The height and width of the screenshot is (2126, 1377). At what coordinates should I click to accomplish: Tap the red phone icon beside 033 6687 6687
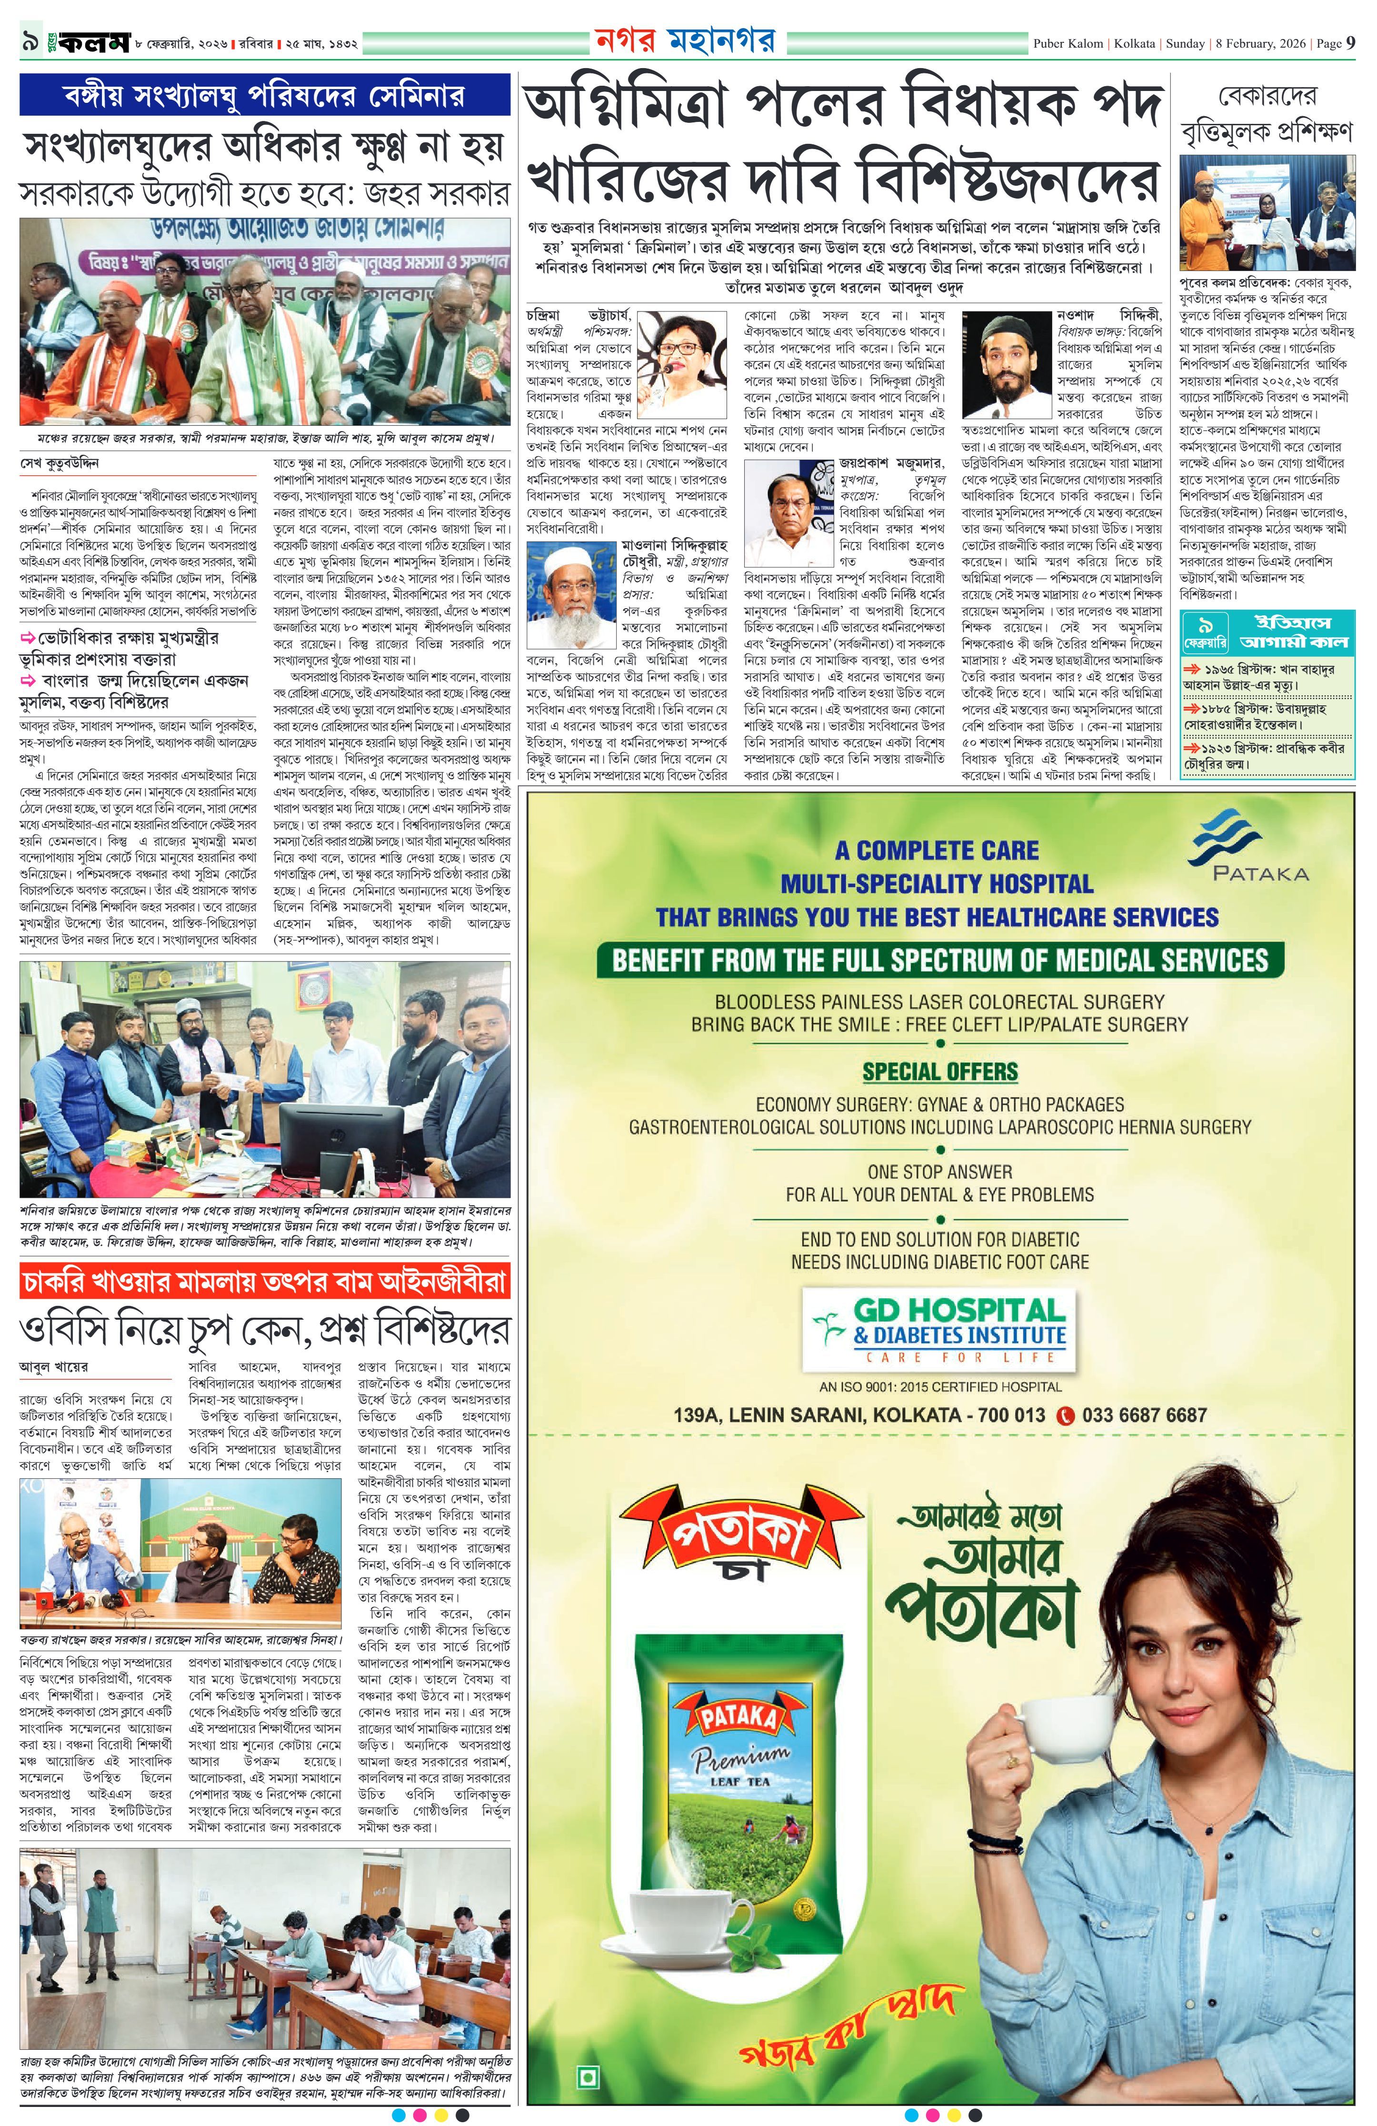tap(1065, 1415)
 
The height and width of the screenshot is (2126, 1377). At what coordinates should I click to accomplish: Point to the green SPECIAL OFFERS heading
tap(939, 1071)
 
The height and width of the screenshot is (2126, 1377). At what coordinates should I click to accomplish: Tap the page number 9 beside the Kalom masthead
tap(30, 42)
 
